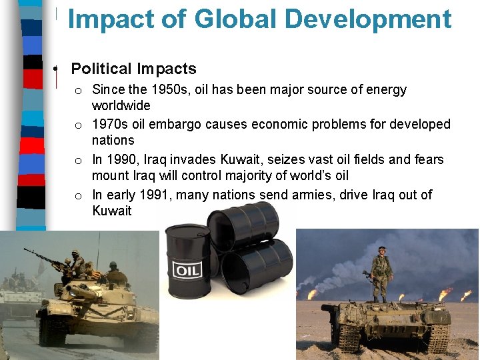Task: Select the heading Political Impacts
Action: (x=133, y=69)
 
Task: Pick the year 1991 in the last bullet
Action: (x=155, y=195)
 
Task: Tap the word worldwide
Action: (x=121, y=105)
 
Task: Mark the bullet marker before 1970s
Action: (x=78, y=125)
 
